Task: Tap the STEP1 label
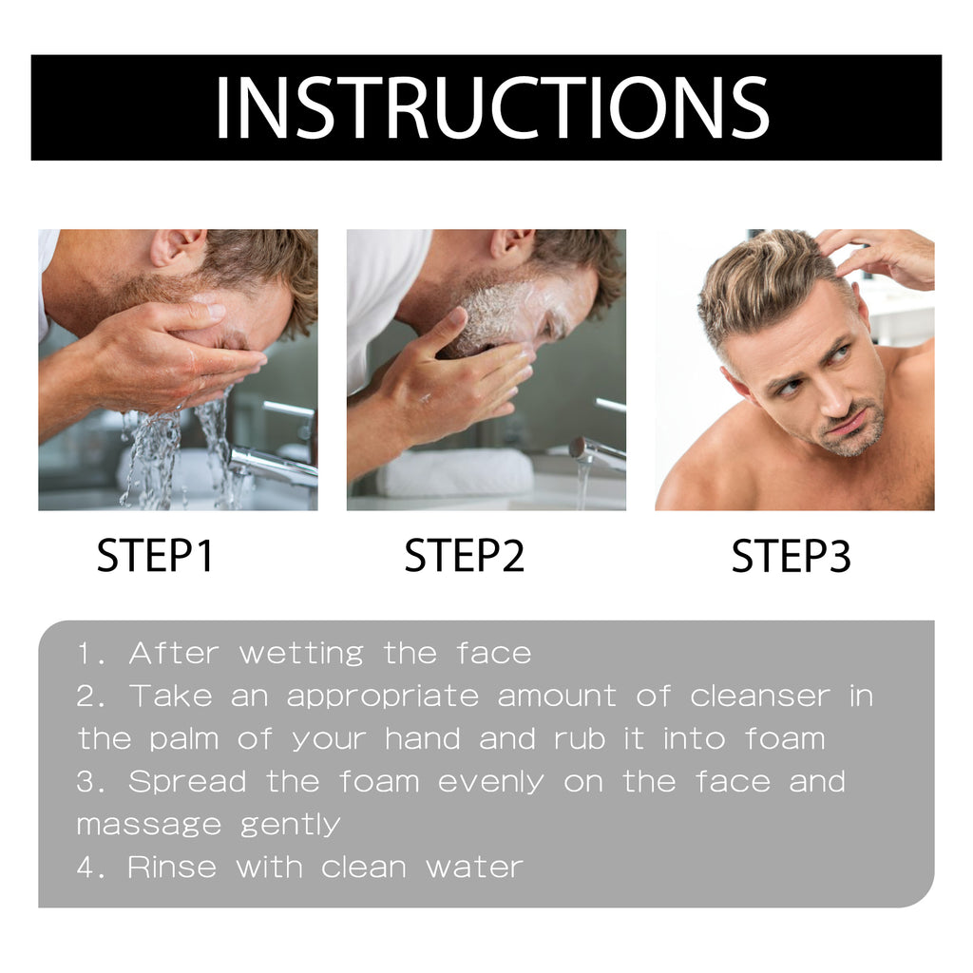(155, 557)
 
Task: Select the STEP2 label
(464, 557)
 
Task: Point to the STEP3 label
(791, 557)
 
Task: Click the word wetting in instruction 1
(300, 654)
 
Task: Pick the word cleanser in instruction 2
(760, 696)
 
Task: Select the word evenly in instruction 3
(490, 782)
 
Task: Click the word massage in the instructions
(148, 825)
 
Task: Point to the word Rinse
(172, 867)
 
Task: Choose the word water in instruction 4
(474, 867)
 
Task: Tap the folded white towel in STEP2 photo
(454, 471)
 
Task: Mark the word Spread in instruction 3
(186, 782)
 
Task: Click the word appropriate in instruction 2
(382, 696)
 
